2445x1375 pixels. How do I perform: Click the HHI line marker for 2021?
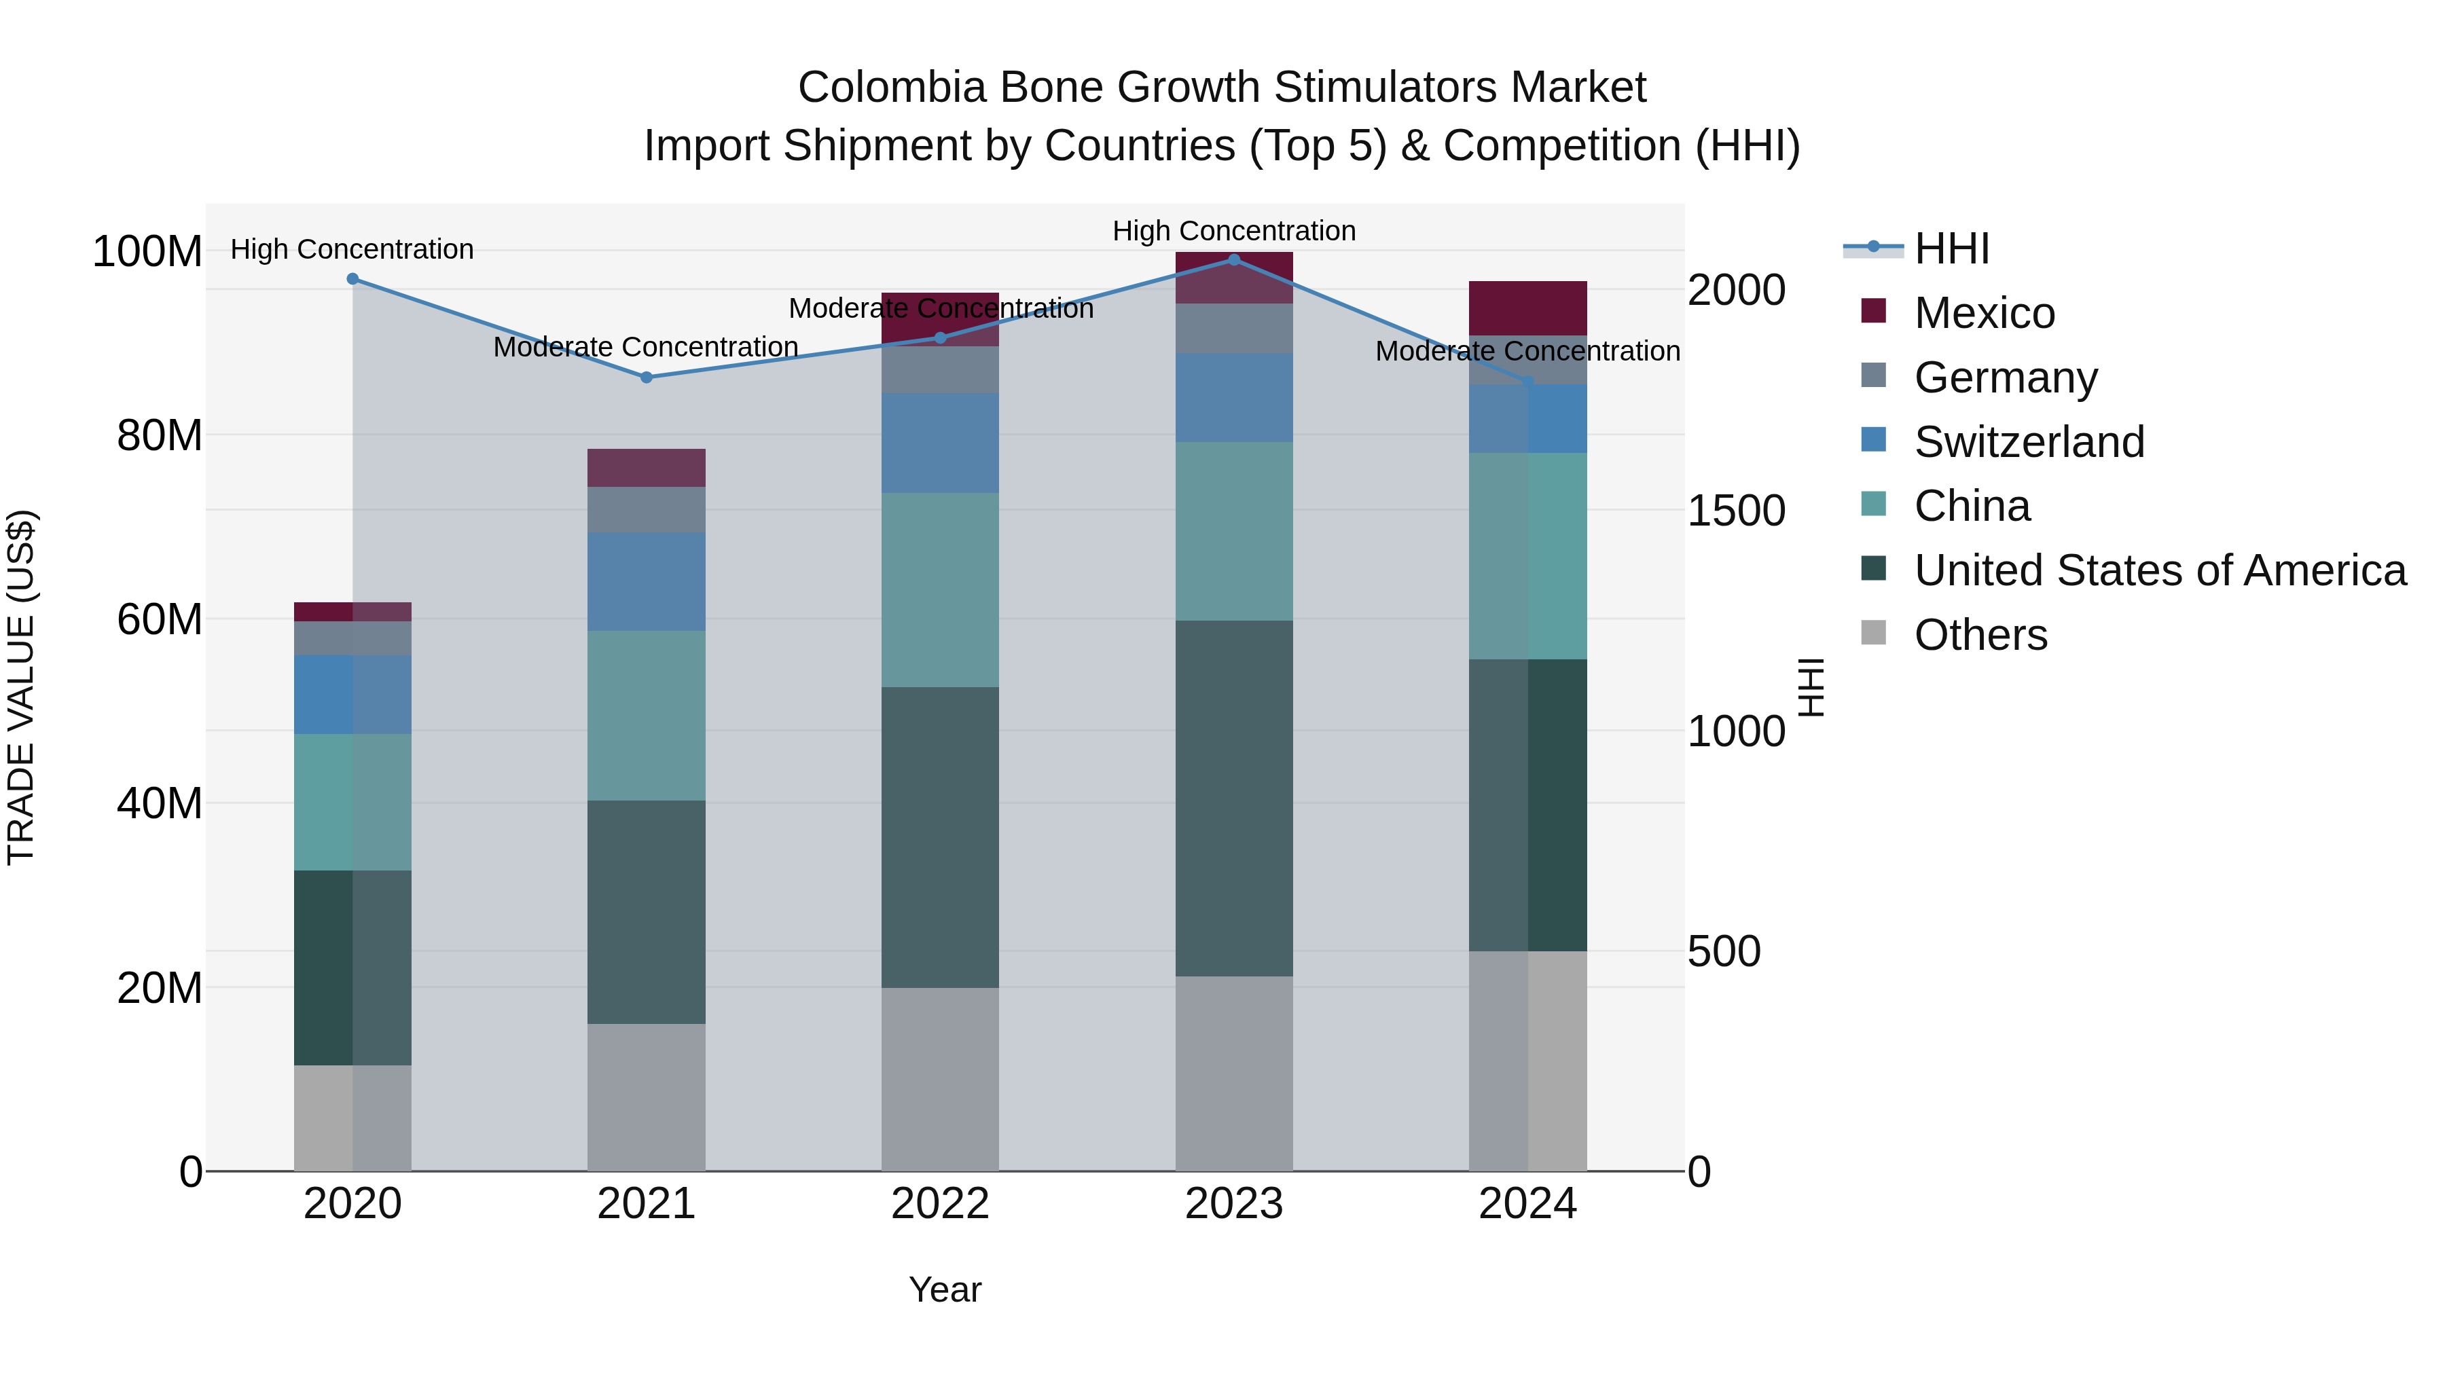pyautogui.click(x=647, y=377)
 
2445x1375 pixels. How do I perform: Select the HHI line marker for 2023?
pyautogui.click(x=1234, y=259)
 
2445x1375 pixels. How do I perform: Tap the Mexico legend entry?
pyautogui.click(x=1984, y=313)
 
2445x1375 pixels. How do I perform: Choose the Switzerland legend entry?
pyautogui.click(x=2028, y=442)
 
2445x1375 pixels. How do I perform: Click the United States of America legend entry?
pyautogui.click(x=2159, y=570)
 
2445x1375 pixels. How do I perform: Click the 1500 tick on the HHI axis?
pyautogui.click(x=1736, y=511)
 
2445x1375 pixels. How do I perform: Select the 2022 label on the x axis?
pyautogui.click(x=940, y=1204)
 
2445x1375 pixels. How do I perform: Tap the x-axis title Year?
pyautogui.click(x=945, y=1289)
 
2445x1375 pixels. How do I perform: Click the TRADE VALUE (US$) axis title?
pyautogui.click(x=21, y=687)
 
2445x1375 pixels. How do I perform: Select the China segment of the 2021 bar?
pyautogui.click(x=647, y=716)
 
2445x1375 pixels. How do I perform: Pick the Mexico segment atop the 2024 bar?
pyautogui.click(x=1527, y=308)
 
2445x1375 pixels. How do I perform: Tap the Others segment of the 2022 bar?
pyautogui.click(x=940, y=1079)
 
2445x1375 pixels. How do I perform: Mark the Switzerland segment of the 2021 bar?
pyautogui.click(x=647, y=582)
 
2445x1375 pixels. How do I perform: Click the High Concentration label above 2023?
pyautogui.click(x=1234, y=231)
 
